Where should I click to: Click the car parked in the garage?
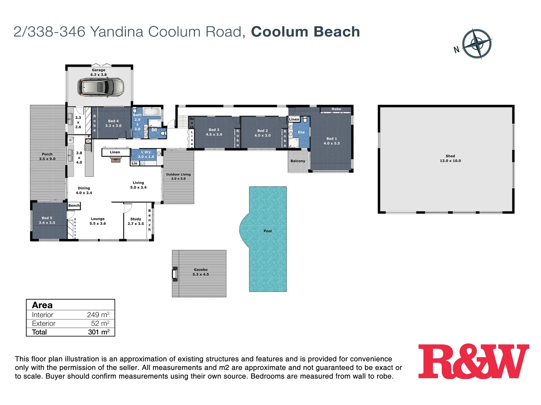point(100,87)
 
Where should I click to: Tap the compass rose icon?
point(476,43)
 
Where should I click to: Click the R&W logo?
point(474,361)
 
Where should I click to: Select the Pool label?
point(267,231)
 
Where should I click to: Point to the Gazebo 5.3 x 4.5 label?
point(201,272)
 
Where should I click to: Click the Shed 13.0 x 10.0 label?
point(450,158)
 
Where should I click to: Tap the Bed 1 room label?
point(331,141)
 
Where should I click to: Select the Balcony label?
point(298,161)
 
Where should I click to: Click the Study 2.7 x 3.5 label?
point(136,221)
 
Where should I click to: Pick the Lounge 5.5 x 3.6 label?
point(98,221)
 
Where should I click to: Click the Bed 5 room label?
point(47,220)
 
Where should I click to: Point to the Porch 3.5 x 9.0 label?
point(47,156)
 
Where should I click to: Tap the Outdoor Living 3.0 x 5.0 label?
point(178,176)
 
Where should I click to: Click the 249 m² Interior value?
point(98,315)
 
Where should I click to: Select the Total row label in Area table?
point(39,332)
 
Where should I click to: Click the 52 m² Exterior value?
point(100,323)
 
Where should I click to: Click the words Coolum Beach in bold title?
point(305,32)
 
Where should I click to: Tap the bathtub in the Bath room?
point(152,111)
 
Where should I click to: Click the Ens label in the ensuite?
point(301,132)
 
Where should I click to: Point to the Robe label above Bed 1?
point(336,109)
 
